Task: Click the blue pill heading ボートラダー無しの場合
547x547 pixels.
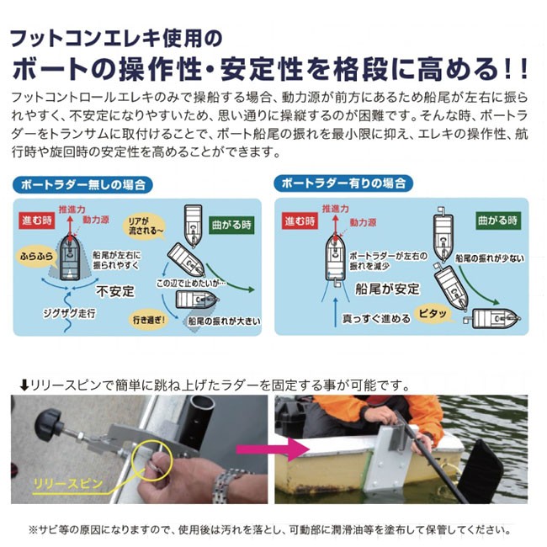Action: [x=82, y=184]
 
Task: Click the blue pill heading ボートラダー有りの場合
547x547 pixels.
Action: [x=343, y=183]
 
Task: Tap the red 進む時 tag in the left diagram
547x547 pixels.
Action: [x=37, y=220]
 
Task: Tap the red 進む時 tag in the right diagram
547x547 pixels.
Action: [x=300, y=220]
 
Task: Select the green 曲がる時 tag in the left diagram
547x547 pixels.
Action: [x=231, y=225]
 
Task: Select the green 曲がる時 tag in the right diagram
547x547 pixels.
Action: [x=498, y=220]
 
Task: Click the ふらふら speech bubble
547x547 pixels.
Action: [x=36, y=257]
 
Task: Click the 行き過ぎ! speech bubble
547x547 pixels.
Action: [x=149, y=320]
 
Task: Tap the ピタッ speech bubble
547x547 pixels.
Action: [x=433, y=313]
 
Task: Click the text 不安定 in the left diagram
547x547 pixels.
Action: [x=115, y=291]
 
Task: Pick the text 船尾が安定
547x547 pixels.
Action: [x=387, y=289]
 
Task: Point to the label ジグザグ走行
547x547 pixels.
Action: [x=69, y=313]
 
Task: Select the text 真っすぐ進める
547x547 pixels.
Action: [x=376, y=318]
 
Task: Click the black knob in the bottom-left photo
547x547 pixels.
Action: [x=49, y=422]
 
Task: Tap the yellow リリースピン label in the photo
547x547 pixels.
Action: [x=67, y=484]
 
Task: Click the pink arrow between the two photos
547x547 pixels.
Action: [x=273, y=449]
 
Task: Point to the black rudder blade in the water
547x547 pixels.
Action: [x=481, y=471]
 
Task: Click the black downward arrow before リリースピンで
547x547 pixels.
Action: [x=24, y=385]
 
